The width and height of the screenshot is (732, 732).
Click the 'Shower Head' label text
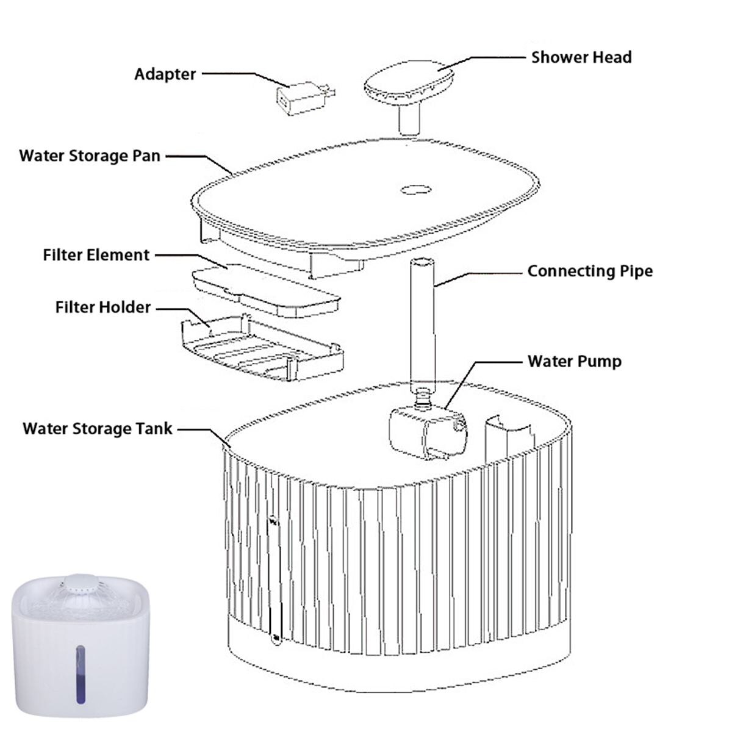click(581, 57)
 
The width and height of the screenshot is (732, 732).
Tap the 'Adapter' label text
click(165, 74)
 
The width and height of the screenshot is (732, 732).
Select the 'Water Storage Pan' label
click(90, 156)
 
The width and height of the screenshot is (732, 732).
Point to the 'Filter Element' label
click(96, 255)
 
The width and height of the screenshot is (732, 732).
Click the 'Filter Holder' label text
click(102, 307)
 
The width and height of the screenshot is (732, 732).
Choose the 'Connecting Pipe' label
click(589, 271)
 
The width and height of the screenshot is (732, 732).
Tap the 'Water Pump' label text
click(574, 361)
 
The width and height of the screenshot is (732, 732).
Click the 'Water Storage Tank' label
click(98, 429)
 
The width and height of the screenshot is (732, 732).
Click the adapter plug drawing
click(302, 98)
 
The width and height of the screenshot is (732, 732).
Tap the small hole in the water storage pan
click(415, 190)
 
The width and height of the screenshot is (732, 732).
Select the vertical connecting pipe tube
click(421, 323)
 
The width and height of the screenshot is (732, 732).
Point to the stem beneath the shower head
click(409, 121)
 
